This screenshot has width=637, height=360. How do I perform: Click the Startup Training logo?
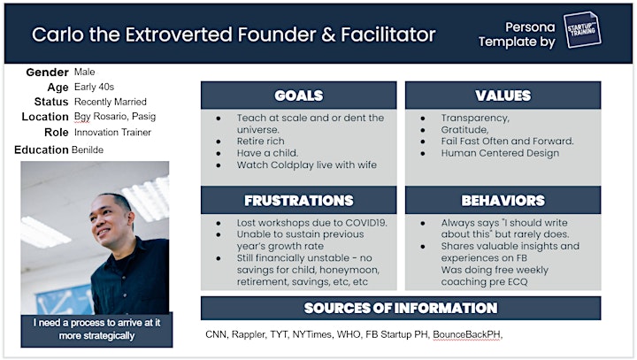click(582, 29)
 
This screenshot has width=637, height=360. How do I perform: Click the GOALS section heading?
click(299, 96)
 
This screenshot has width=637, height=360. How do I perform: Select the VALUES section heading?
click(503, 96)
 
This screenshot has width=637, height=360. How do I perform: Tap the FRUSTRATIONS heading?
click(299, 200)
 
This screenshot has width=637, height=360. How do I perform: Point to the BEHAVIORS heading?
click(503, 200)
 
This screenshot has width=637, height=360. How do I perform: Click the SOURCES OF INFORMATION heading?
click(401, 308)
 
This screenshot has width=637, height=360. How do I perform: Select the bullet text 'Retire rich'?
click(260, 142)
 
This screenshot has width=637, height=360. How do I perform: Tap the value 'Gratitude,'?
click(464, 130)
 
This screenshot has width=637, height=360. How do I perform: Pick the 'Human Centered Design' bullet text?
click(500, 153)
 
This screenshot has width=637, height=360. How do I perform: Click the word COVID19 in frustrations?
click(365, 223)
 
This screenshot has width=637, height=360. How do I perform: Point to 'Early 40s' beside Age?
click(95, 87)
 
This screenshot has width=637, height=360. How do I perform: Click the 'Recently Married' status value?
click(111, 102)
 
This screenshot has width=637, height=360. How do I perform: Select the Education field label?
click(41, 150)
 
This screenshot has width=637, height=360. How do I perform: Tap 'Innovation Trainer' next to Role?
click(112, 133)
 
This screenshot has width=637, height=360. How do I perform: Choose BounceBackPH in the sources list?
click(466, 334)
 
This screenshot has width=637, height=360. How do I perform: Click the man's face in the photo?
click(105, 219)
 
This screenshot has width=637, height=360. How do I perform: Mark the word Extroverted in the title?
click(179, 34)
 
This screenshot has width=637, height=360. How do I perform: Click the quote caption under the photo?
click(96, 329)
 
